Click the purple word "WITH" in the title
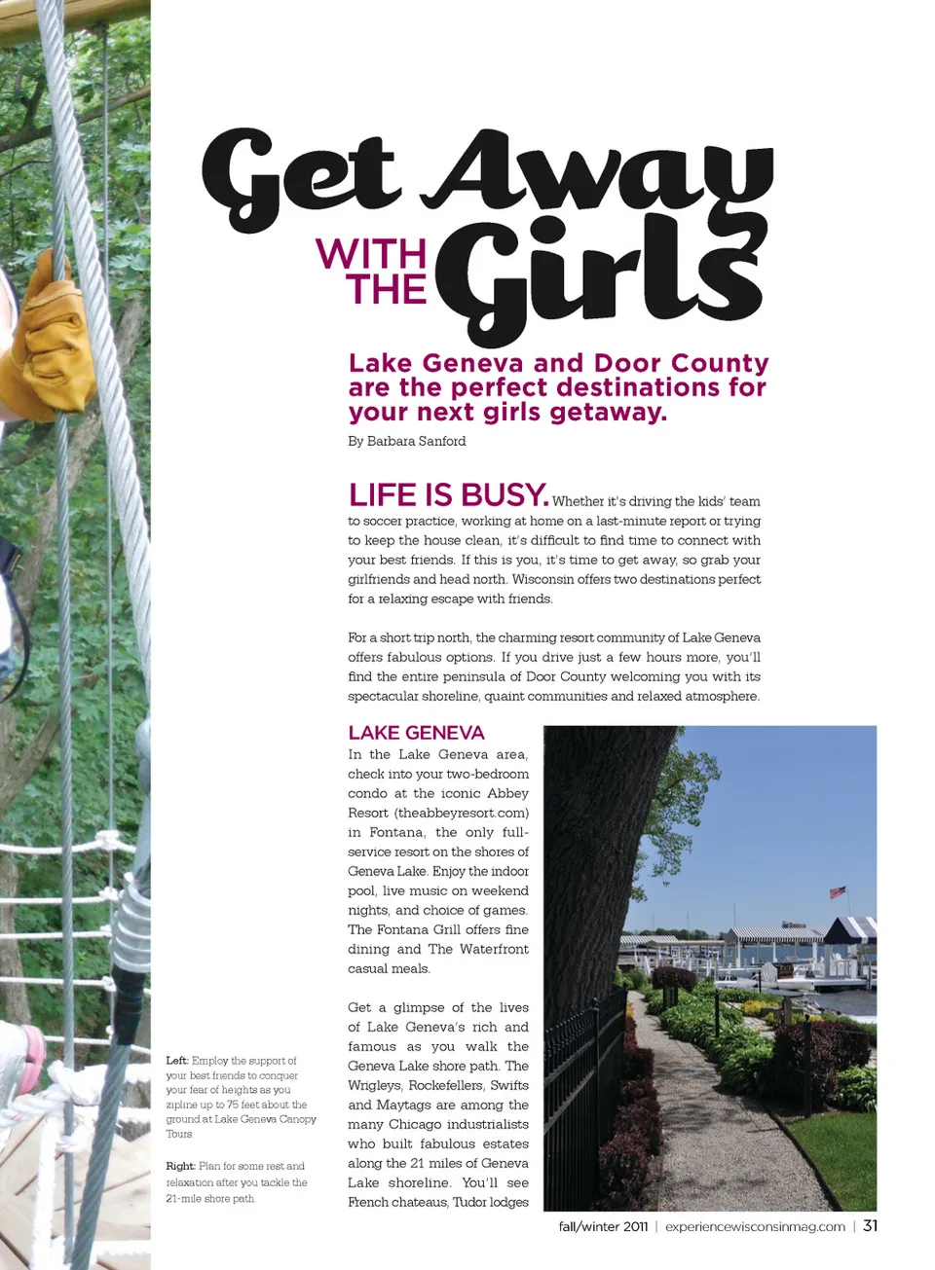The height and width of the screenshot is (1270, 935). click(x=371, y=255)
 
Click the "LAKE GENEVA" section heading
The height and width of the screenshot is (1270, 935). click(x=416, y=733)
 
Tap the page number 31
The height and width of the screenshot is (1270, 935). click(x=870, y=1225)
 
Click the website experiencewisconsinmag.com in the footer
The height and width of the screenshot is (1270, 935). click(x=755, y=1226)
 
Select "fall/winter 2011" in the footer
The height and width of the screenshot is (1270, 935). click(x=603, y=1226)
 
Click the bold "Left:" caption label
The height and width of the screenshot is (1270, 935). click(x=176, y=1061)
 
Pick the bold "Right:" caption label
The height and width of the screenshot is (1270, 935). click(x=180, y=1166)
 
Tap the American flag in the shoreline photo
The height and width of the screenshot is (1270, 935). click(x=837, y=891)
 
